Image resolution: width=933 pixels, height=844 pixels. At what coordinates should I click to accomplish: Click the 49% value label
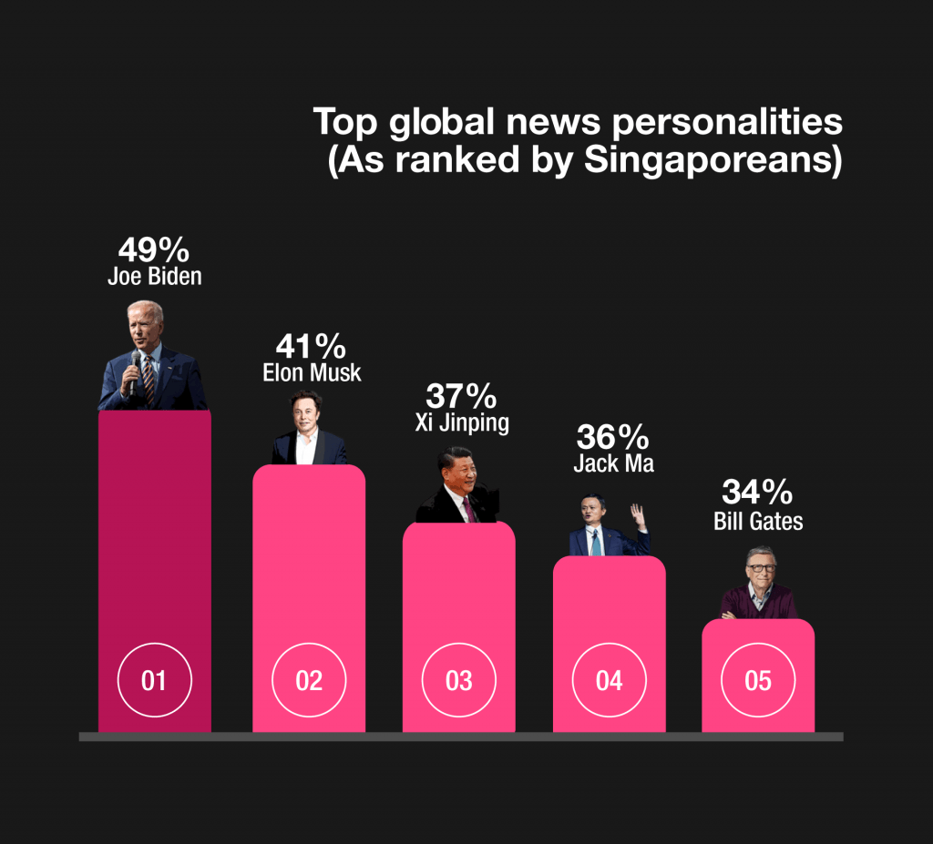point(154,250)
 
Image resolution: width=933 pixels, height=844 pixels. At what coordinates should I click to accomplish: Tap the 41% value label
point(311,347)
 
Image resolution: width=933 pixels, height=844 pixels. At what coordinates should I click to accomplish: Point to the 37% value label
point(461,397)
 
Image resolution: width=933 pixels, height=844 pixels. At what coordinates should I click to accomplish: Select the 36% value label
point(613,437)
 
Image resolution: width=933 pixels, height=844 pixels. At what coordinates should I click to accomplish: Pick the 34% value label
point(757,493)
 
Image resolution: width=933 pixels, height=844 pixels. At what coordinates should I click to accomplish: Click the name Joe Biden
point(154,277)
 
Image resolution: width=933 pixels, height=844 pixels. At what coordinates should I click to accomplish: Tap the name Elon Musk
point(311,372)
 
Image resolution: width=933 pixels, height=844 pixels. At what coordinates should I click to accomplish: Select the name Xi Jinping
point(461,422)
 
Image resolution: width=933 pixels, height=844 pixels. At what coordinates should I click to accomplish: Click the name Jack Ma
point(613,463)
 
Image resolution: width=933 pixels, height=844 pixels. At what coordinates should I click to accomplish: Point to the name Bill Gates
point(757,521)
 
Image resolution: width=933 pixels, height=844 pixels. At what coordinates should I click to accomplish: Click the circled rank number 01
point(154,680)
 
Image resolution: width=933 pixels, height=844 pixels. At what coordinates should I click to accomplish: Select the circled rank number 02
point(309,680)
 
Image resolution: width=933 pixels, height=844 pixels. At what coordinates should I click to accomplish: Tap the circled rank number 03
point(459,680)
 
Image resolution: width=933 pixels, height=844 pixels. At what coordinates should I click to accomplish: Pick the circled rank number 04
point(609,680)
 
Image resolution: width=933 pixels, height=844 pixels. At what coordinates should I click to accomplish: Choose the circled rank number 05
point(758,680)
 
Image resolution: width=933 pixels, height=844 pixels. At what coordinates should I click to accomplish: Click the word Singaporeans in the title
point(710,159)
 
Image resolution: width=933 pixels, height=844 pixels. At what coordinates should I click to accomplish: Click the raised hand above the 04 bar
point(639,518)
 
